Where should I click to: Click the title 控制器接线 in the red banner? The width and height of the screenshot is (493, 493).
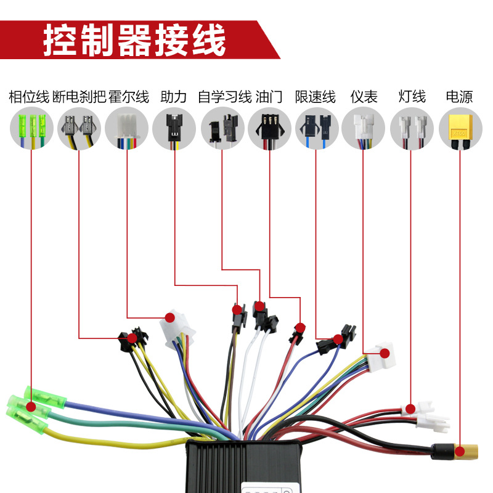134,40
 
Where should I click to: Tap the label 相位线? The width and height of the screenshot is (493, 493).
28,97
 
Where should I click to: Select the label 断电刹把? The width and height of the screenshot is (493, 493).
79,97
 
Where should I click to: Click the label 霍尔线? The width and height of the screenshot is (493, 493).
129,97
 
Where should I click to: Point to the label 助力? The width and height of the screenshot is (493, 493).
173,97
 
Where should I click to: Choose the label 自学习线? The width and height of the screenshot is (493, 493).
224,97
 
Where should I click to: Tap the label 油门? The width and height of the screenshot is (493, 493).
269,97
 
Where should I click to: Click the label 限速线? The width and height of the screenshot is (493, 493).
315,97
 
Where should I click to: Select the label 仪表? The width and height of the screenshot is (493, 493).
364,97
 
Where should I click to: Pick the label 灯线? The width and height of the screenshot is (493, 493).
412,97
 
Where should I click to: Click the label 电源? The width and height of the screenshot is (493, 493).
459,97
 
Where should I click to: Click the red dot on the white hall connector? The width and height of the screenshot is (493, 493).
169,318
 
